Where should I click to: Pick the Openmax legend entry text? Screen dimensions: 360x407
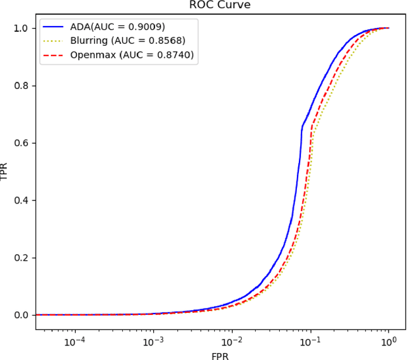point(123,55)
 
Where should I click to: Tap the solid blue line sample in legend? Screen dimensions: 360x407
point(53,27)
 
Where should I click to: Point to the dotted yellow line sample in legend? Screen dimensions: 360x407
point(53,41)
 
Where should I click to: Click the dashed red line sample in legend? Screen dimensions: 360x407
point(53,55)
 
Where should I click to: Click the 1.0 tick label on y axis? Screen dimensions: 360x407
point(20,28)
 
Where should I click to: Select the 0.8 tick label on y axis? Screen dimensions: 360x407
point(20,85)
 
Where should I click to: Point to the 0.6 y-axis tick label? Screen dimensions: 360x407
point(20,143)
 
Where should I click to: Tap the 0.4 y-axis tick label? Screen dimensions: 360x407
point(20,200)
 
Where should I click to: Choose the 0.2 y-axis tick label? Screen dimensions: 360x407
point(20,258)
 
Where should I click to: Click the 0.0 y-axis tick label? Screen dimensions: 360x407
point(20,315)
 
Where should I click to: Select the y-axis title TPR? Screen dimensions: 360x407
point(6,172)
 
